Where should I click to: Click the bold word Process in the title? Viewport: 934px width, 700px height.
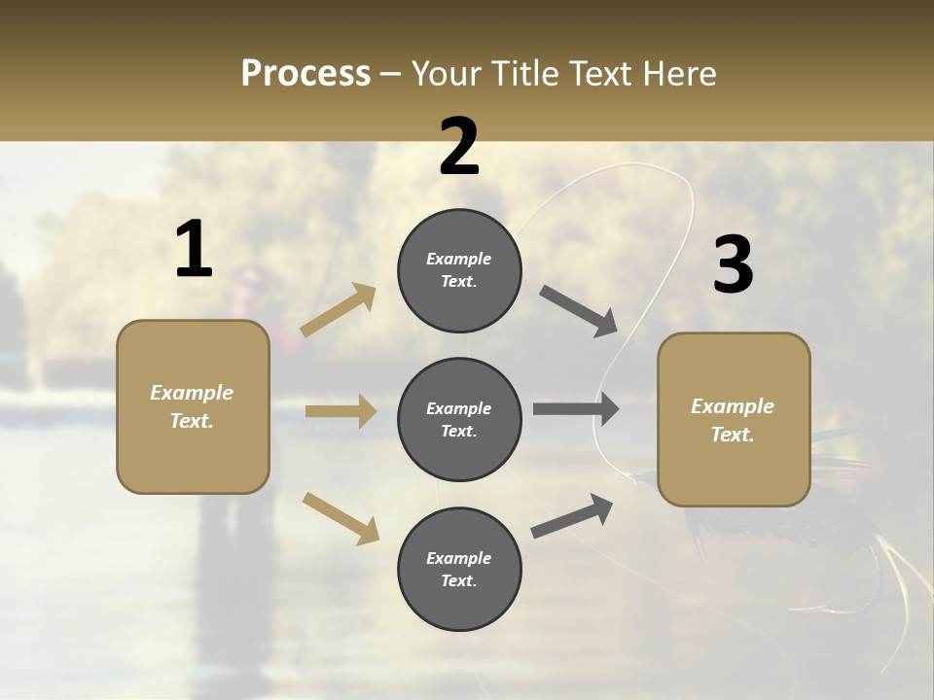pos(305,74)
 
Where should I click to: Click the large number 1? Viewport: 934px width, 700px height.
pos(193,250)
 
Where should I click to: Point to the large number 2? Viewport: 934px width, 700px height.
pos(459,147)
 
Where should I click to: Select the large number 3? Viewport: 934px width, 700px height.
pos(733,265)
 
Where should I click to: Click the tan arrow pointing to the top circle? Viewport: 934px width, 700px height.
pos(339,309)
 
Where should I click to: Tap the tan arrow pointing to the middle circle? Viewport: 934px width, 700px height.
pos(341,411)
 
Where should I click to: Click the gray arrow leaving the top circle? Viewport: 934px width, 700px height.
pos(579,311)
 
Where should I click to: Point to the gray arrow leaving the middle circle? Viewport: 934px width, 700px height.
pos(576,409)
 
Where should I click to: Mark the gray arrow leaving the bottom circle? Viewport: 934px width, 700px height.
pos(572,516)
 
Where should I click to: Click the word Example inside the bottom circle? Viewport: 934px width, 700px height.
pos(458,558)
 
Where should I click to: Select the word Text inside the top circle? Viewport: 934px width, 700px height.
pos(457,282)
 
